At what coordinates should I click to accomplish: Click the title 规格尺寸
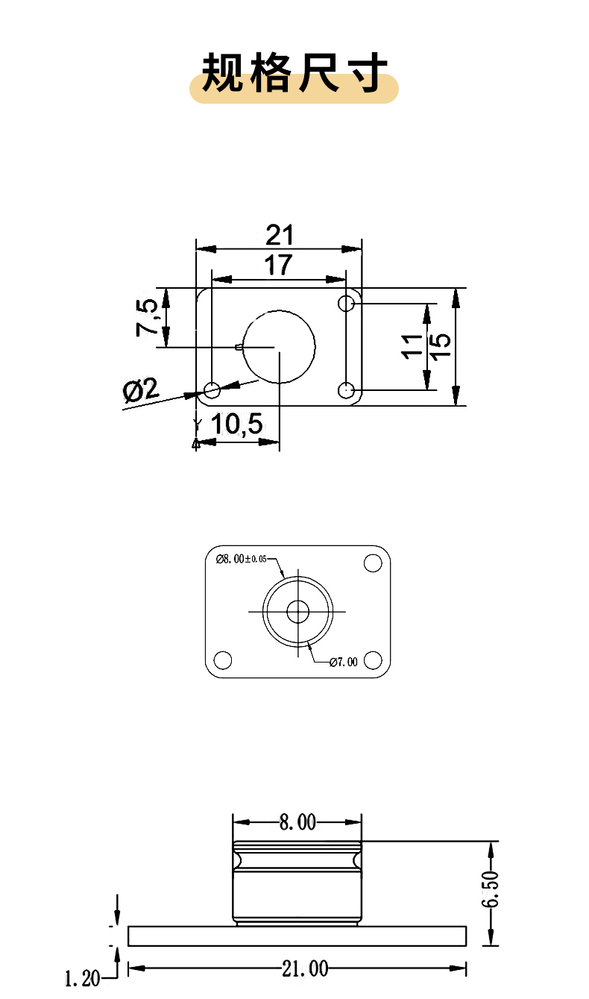pyautogui.click(x=294, y=73)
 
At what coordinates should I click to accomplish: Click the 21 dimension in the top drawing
pyautogui.click(x=279, y=236)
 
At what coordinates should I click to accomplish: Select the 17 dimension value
pyautogui.click(x=278, y=266)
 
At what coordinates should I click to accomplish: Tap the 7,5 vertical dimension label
pyautogui.click(x=147, y=317)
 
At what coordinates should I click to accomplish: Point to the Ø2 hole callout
pyautogui.click(x=141, y=389)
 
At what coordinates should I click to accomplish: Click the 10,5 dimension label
pyautogui.click(x=237, y=425)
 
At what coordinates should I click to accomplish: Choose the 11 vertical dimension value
pyautogui.click(x=412, y=346)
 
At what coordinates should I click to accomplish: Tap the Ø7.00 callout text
pyautogui.click(x=343, y=661)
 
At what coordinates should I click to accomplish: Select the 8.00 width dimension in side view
pyautogui.click(x=297, y=822)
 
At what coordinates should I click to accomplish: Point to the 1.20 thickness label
pyautogui.click(x=82, y=977)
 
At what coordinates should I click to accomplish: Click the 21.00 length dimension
pyautogui.click(x=304, y=968)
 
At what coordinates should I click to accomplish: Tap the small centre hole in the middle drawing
pyautogui.click(x=298, y=612)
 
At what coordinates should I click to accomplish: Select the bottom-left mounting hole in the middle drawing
pyautogui.click(x=222, y=660)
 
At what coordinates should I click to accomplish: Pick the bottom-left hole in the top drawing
pyautogui.click(x=212, y=389)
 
